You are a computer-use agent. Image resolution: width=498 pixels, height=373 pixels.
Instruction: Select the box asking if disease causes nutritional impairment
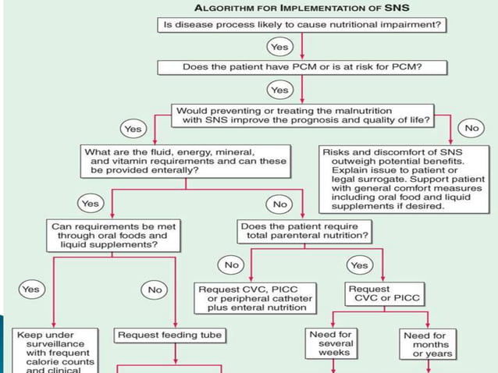coord(301,26)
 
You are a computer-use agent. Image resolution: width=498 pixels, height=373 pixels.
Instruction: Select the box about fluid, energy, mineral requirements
coord(185,160)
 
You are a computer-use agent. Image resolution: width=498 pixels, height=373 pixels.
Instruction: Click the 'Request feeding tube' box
coord(169,336)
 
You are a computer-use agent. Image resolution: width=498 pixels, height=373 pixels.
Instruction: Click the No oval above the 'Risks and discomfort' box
coord(472,127)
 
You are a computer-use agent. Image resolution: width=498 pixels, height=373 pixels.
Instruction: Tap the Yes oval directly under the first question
coord(279,48)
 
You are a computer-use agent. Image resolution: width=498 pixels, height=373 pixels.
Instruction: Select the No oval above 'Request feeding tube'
coord(155,290)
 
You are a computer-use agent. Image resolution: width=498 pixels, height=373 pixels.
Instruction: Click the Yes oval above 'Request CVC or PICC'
coord(359,265)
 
